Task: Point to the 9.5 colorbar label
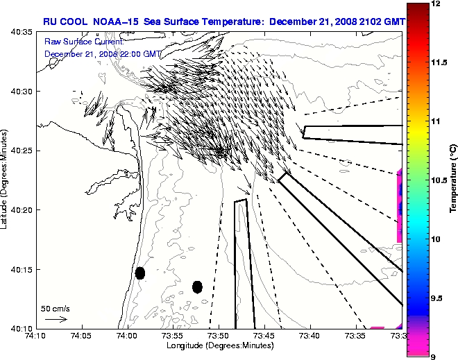point(437,298)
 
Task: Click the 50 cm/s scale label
point(56,308)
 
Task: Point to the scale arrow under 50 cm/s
point(56,319)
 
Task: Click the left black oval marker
point(139,273)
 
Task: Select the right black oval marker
point(197,286)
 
